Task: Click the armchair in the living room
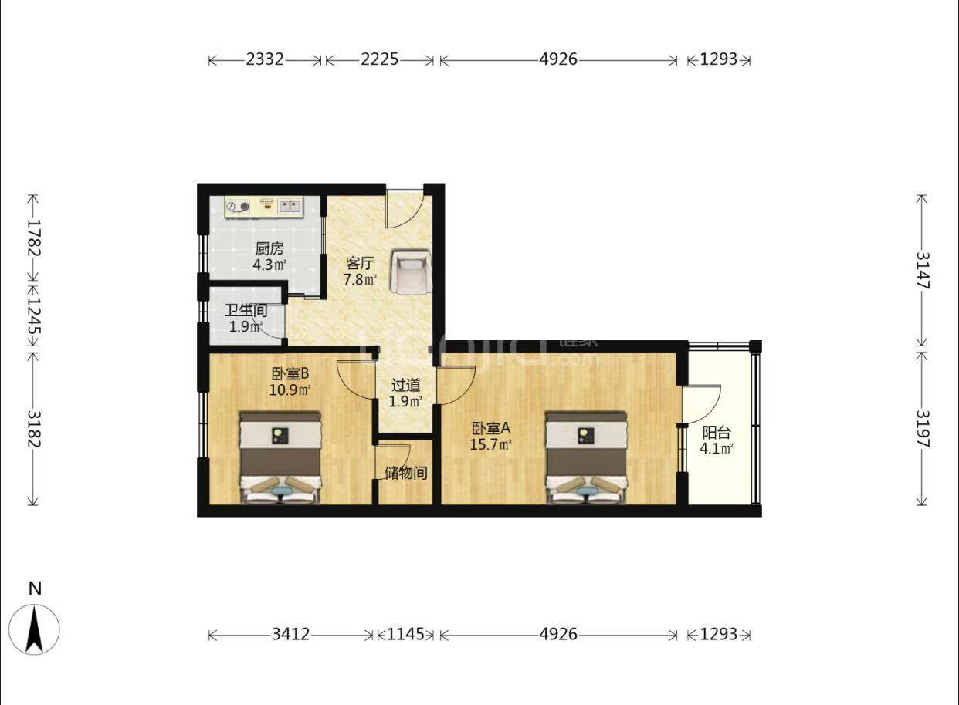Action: (411, 272)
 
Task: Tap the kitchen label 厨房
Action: (269, 249)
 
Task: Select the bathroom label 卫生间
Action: (246, 310)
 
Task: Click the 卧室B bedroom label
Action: (290, 373)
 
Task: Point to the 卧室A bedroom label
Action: (490, 428)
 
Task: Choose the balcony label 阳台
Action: (717, 433)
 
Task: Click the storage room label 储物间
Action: (406, 473)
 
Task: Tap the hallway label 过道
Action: (405, 386)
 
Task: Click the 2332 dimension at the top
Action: (265, 59)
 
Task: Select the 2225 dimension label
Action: (379, 59)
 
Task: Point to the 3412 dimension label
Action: (290, 634)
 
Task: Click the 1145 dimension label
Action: (405, 634)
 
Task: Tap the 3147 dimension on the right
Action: (922, 271)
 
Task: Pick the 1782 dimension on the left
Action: (34, 238)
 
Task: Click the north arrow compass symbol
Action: (34, 629)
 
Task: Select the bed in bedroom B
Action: (280, 457)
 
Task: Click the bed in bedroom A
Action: (586, 457)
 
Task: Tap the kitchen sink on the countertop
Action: (290, 206)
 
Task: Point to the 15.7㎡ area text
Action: (490, 445)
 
